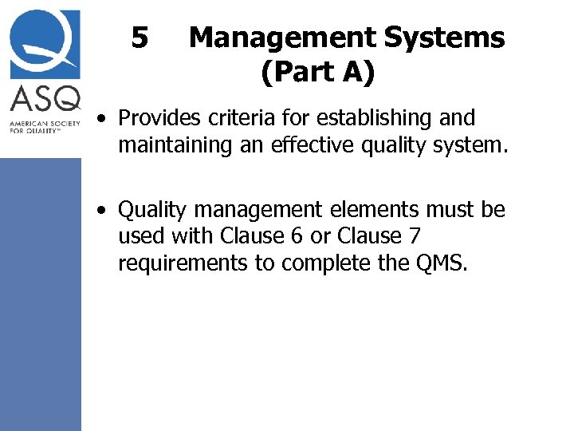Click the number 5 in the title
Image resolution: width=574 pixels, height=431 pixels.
pyautogui.click(x=140, y=38)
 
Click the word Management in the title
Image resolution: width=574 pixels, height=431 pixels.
pyautogui.click(x=281, y=38)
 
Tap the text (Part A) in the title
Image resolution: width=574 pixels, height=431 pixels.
pyautogui.click(x=317, y=73)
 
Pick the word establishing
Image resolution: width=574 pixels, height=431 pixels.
pyautogui.click(x=370, y=119)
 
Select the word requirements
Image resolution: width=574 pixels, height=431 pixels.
pyautogui.click(x=183, y=263)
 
